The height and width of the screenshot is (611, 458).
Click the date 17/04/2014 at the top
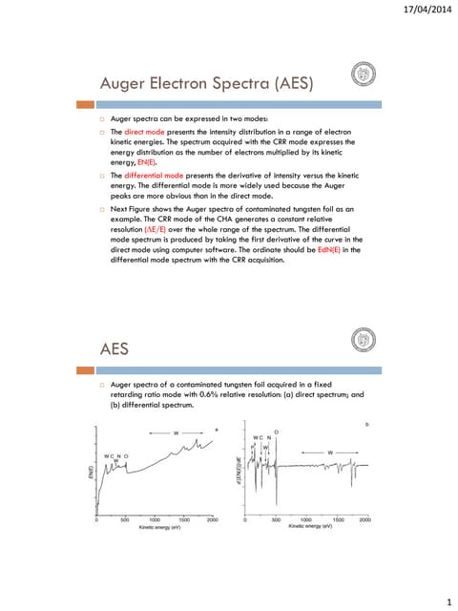point(421,10)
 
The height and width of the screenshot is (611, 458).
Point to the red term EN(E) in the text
point(151,162)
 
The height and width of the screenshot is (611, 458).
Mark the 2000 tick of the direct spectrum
point(212,520)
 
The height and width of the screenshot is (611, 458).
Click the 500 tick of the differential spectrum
point(276,520)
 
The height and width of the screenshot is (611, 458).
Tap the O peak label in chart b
point(276,432)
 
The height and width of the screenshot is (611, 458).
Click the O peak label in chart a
point(126,456)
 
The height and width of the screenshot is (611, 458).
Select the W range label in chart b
point(330,451)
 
